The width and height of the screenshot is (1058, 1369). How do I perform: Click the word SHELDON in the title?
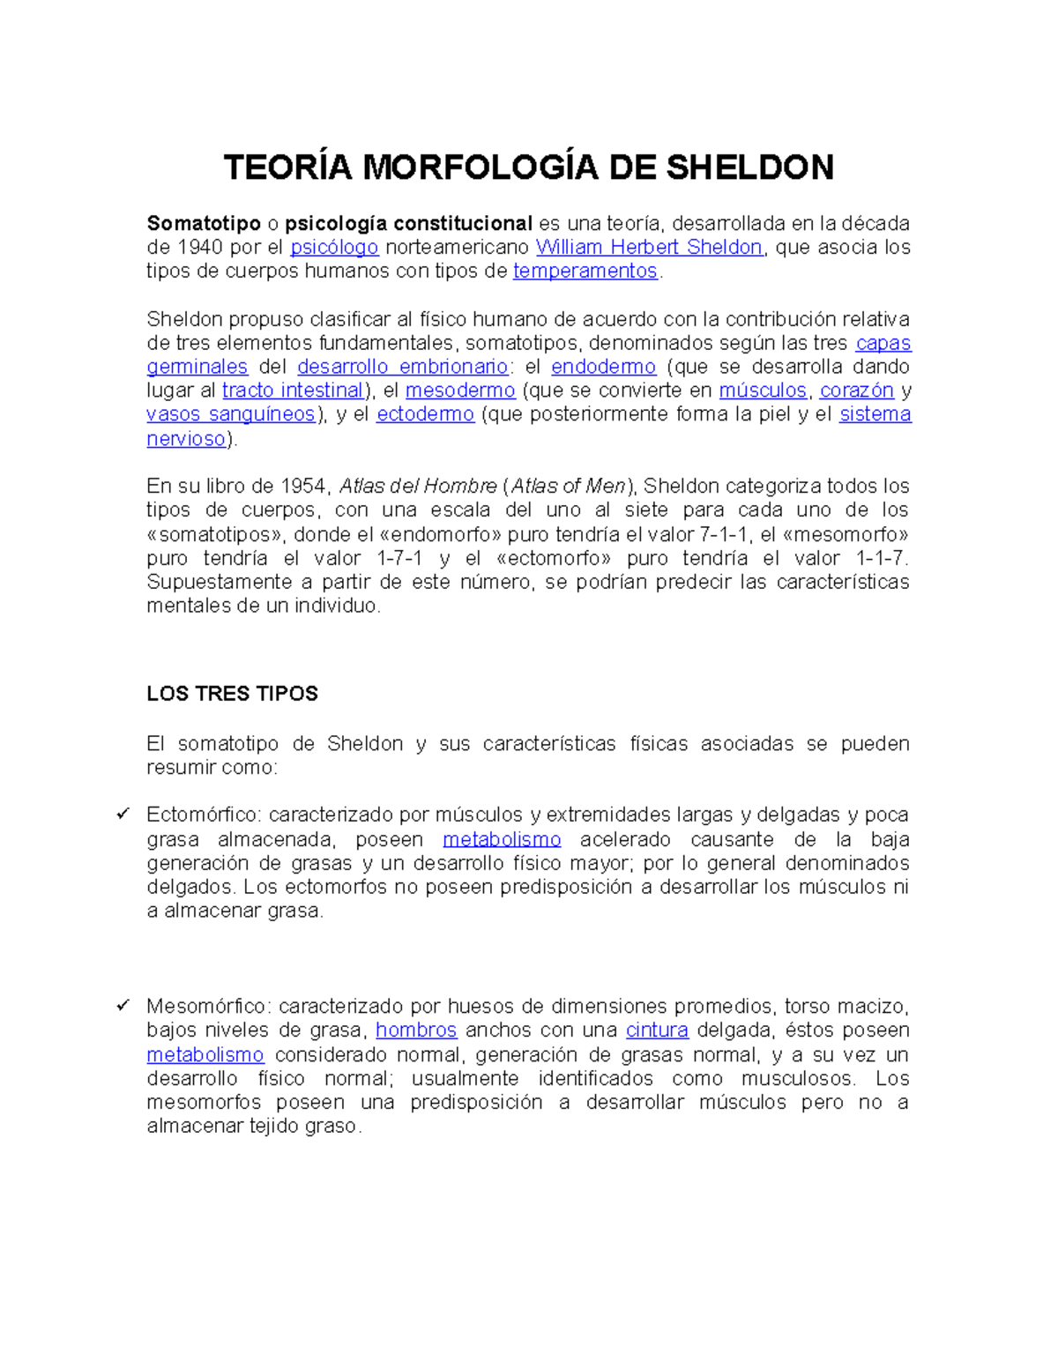(x=749, y=167)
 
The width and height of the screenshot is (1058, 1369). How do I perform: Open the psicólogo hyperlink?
(x=334, y=248)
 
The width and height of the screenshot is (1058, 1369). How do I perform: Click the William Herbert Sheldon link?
(x=649, y=248)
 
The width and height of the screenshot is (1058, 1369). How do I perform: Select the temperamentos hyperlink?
(x=585, y=272)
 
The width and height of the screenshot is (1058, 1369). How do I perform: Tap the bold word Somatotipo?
(x=204, y=224)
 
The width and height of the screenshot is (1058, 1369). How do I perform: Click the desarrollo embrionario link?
(x=402, y=367)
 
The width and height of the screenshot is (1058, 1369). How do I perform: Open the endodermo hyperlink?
(x=603, y=367)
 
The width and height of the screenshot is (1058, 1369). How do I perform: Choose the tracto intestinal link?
(x=293, y=391)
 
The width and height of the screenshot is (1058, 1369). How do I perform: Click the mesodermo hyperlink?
(x=460, y=391)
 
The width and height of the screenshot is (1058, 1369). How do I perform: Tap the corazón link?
(x=857, y=391)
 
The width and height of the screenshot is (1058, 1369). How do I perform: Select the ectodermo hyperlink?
(x=425, y=414)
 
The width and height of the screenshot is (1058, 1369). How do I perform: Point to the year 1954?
(x=302, y=487)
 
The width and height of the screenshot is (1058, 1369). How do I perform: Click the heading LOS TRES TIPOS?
(x=232, y=694)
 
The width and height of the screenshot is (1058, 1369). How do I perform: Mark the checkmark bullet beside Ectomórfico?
(x=123, y=814)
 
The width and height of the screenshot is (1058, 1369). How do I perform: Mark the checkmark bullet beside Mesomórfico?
(x=123, y=1005)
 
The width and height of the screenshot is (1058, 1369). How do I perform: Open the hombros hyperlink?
(x=416, y=1030)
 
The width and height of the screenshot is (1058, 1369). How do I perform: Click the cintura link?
(x=657, y=1030)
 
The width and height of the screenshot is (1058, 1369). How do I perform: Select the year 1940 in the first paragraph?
(x=200, y=248)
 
